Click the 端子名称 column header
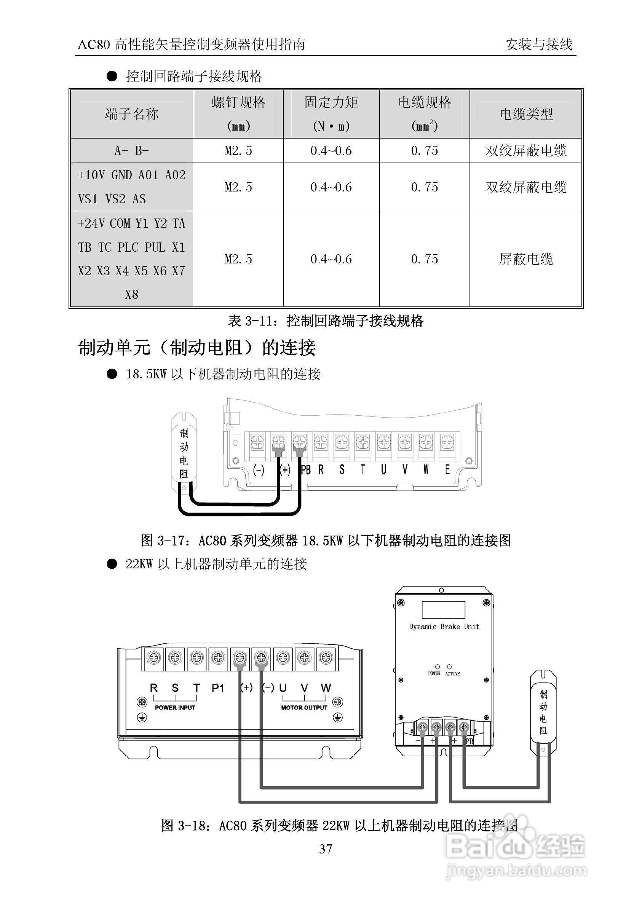[132, 114]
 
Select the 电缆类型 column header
[526, 114]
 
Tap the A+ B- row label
[132, 150]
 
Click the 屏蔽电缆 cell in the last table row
[526, 259]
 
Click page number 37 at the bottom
[326, 849]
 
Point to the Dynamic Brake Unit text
[444, 627]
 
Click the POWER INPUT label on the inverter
[175, 708]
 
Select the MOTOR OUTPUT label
[304, 708]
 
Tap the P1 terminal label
[218, 688]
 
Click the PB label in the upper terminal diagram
[305, 470]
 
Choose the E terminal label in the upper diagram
[447, 469]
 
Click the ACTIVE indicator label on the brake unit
[452, 673]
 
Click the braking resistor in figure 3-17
[184, 453]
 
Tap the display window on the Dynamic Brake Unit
[443, 610]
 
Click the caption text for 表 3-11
[326, 321]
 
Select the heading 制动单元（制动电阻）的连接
[197, 348]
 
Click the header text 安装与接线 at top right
[538, 45]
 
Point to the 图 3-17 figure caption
[326, 541]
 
